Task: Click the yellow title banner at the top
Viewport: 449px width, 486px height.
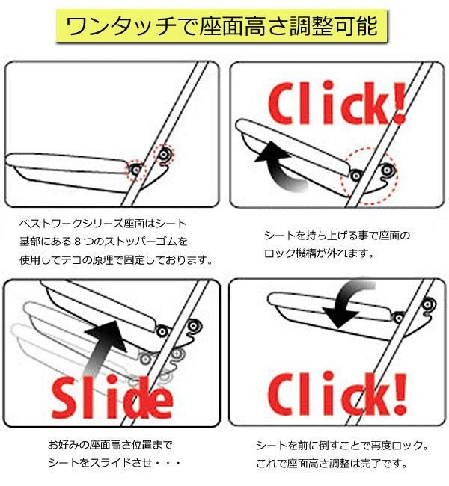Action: point(224,28)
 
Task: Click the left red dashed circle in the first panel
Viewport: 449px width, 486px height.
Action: point(135,171)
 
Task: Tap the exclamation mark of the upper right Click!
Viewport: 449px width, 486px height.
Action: point(396,105)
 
